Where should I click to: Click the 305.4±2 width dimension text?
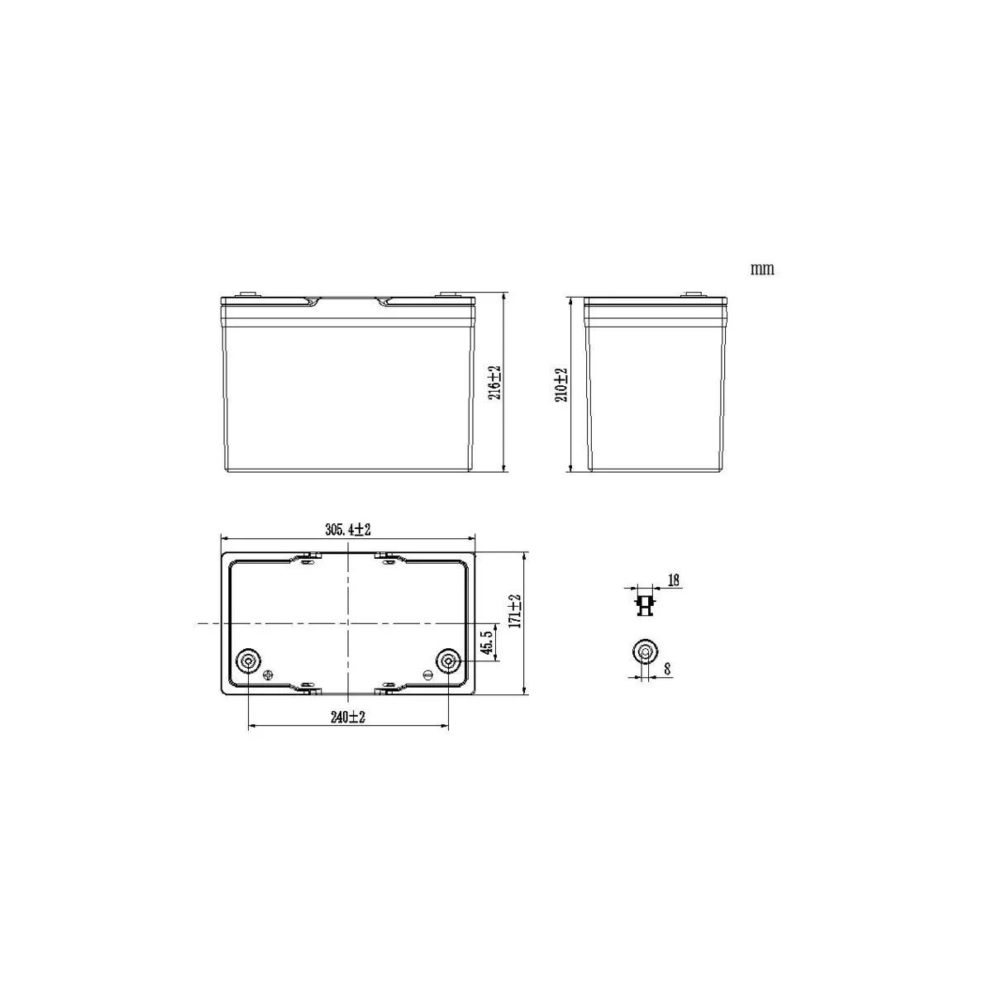click(x=348, y=530)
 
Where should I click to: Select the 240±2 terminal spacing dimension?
click(x=348, y=717)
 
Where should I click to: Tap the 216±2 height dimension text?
click(x=494, y=383)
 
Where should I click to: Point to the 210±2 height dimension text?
click(x=561, y=385)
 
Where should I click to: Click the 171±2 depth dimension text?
click(x=515, y=611)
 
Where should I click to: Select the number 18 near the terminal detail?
click(x=674, y=580)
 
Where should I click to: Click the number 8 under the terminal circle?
click(x=667, y=670)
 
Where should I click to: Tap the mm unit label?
click(x=762, y=269)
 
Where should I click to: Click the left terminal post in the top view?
click(x=248, y=661)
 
